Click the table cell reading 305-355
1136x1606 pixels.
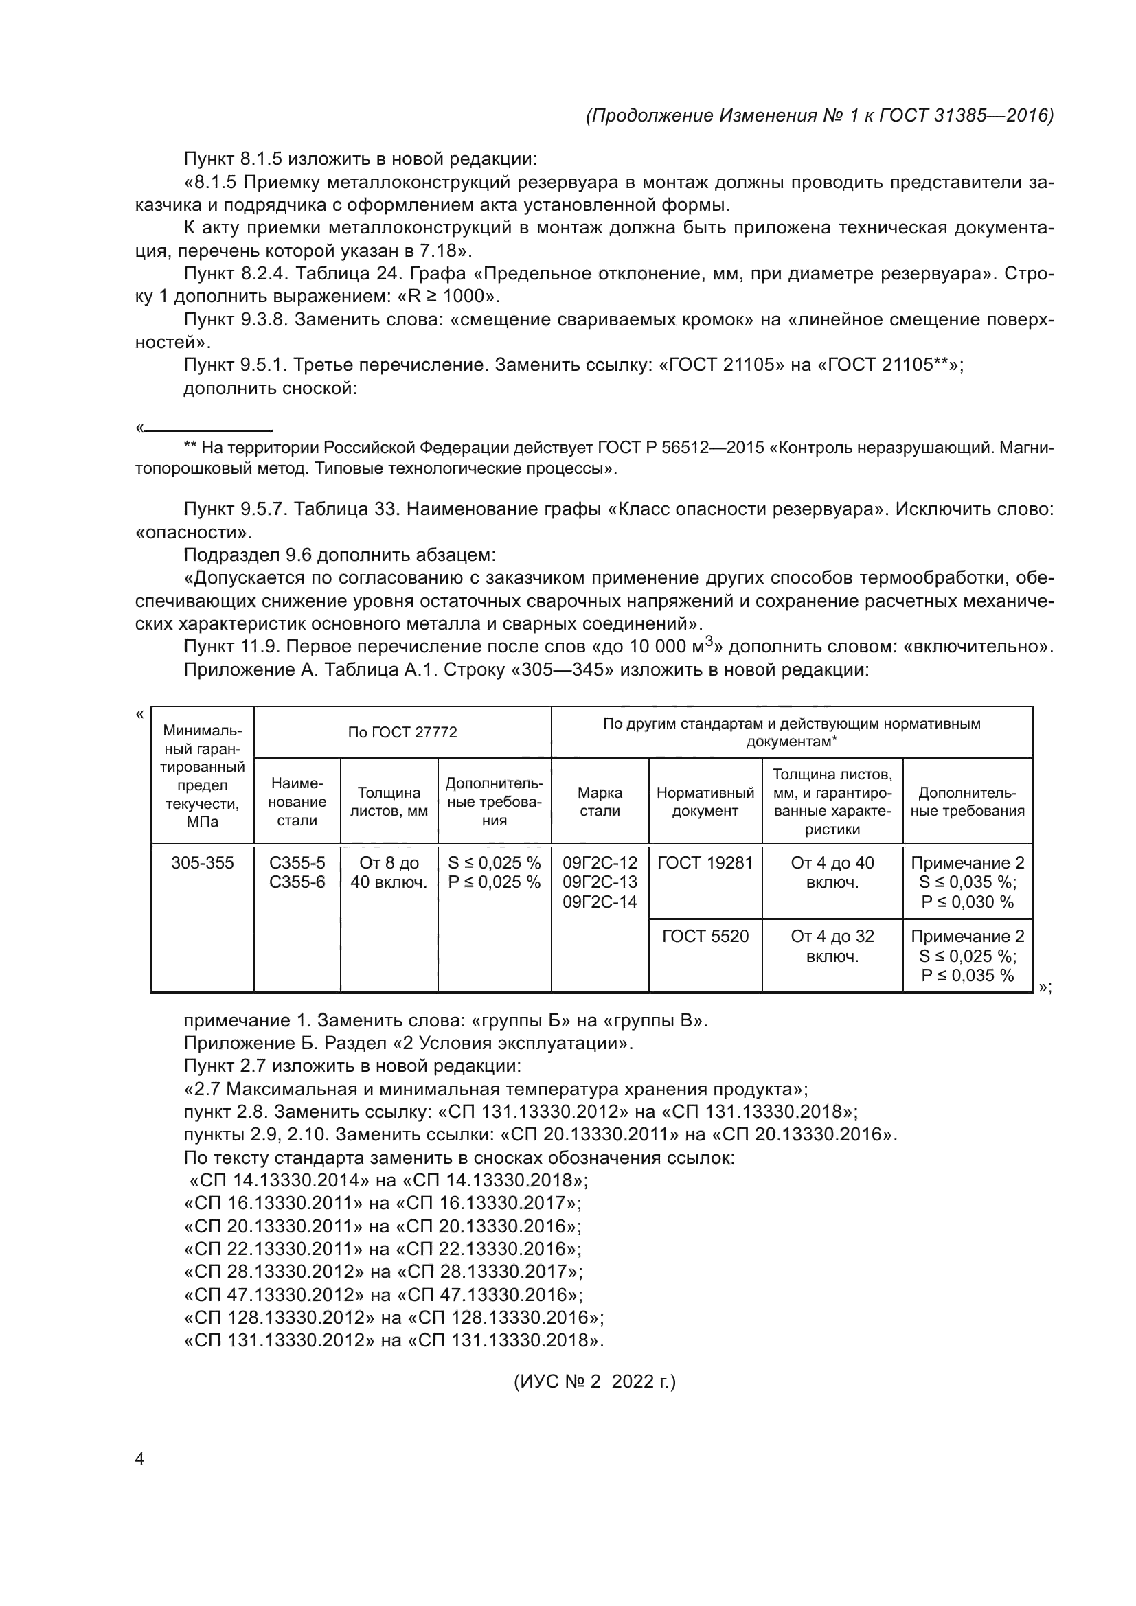point(202,863)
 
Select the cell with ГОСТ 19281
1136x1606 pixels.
point(705,863)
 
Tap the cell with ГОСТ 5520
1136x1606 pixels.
point(705,937)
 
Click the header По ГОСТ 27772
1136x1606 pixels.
point(402,733)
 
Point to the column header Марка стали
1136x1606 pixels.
point(600,801)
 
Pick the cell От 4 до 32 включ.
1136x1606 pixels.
point(832,946)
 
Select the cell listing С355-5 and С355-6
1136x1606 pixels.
point(297,873)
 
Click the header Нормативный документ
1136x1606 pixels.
point(705,801)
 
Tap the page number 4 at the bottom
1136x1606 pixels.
point(139,1458)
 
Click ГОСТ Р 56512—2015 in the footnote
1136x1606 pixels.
point(680,448)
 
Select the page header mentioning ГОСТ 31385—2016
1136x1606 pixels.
point(819,115)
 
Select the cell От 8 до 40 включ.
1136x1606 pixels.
point(388,873)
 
